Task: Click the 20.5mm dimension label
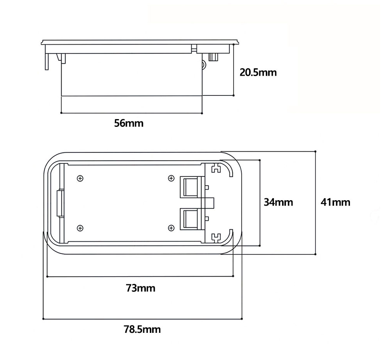(258, 73)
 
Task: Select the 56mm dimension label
(129, 123)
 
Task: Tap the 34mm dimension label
(278, 202)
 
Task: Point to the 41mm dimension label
(336, 202)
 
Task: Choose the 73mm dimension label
(140, 288)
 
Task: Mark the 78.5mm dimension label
(142, 329)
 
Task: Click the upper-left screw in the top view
(80, 178)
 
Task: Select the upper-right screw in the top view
(171, 178)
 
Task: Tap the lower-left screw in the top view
(80, 228)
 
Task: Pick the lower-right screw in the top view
(171, 228)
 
